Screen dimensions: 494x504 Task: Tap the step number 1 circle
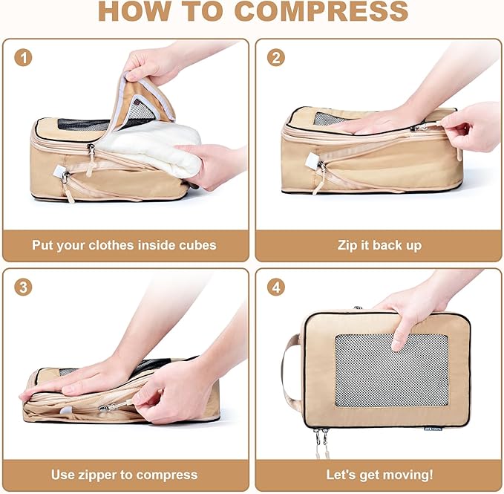(23, 58)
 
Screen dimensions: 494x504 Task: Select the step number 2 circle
(275, 58)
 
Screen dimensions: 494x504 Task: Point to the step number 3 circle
(23, 287)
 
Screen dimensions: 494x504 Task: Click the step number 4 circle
(275, 287)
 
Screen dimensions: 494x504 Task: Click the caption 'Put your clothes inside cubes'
(124, 245)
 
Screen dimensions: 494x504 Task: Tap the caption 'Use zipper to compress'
(124, 474)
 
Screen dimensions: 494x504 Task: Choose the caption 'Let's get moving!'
(379, 474)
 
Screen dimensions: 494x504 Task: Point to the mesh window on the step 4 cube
(391, 369)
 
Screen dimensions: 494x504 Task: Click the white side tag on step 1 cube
(59, 172)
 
